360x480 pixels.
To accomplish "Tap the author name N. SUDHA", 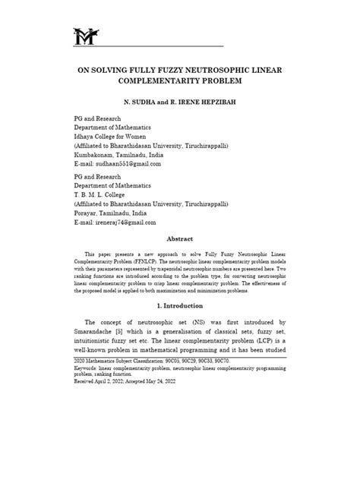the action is tap(131, 101).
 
